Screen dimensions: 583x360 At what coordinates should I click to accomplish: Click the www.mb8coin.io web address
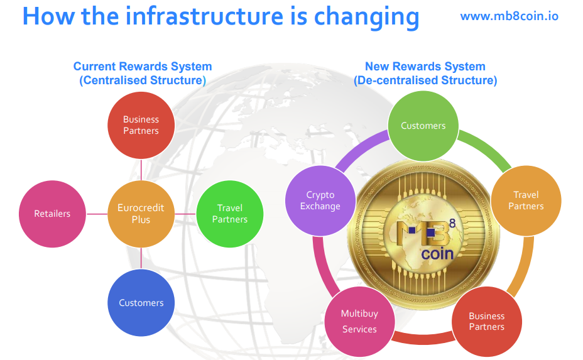click(x=509, y=16)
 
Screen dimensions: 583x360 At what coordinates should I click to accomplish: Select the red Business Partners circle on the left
click(x=141, y=125)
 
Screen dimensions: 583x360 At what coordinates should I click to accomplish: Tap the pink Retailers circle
click(x=52, y=214)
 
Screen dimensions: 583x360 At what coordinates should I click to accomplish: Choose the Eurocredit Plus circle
click(x=141, y=214)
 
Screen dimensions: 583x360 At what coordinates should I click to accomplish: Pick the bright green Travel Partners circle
click(x=230, y=214)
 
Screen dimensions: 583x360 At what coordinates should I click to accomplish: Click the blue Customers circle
click(x=141, y=303)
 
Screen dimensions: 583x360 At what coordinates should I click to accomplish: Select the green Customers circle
click(x=423, y=126)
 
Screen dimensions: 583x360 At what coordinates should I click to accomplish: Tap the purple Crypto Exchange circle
click(x=320, y=201)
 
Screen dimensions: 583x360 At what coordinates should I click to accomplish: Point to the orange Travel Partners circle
click(x=526, y=201)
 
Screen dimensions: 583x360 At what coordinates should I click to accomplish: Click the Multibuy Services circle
click(x=359, y=321)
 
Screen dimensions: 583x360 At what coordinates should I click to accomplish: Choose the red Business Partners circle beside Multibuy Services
click(x=487, y=321)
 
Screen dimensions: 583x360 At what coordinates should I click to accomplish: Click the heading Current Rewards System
click(x=143, y=66)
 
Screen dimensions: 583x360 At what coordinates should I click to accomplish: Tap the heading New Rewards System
click(x=425, y=66)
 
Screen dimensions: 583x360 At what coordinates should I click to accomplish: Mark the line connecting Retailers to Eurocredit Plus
click(x=97, y=214)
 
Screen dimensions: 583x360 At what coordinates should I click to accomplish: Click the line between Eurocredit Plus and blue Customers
click(x=141, y=258)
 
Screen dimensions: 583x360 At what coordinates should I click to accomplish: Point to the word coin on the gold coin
click(x=437, y=254)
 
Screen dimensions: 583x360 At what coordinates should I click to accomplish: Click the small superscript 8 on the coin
click(x=452, y=223)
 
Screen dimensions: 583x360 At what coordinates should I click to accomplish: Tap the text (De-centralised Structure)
click(x=425, y=80)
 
